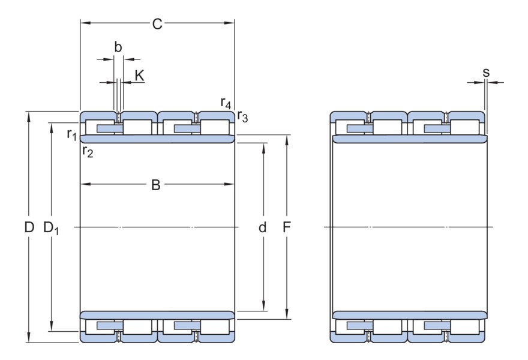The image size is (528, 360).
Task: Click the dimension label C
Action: point(157,24)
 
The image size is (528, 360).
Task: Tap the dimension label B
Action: point(155,185)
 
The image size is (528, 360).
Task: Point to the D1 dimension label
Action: point(52,228)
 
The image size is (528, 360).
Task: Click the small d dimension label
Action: point(262,227)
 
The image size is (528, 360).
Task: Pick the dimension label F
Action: point(287,227)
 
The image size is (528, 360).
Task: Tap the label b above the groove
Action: point(118,47)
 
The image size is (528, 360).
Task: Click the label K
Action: point(139,75)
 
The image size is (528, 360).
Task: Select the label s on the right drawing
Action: point(486,73)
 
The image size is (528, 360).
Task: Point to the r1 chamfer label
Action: point(72,133)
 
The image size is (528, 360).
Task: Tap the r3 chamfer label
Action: point(242,116)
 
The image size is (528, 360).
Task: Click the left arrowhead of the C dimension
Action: point(85,23)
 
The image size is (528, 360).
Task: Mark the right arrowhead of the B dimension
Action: point(231,184)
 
